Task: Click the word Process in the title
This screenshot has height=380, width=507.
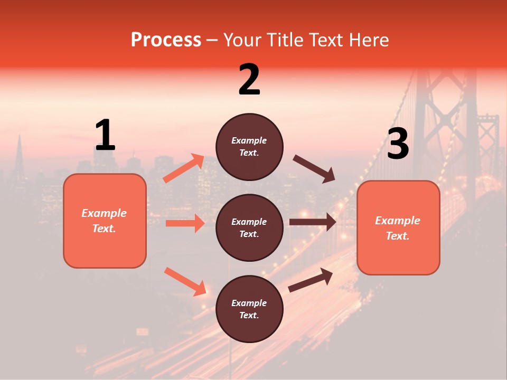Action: coord(166,40)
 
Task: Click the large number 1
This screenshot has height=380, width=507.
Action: coord(105,136)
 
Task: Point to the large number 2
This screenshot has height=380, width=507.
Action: coord(249,80)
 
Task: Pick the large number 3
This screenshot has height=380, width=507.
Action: coord(398,144)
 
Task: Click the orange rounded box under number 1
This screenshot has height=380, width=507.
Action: coord(105,221)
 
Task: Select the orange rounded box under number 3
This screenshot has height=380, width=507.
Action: coord(398,228)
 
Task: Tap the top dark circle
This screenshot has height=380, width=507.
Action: coord(249,146)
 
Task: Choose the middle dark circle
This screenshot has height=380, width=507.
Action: coord(249,227)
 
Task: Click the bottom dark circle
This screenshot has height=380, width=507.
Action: coord(249,309)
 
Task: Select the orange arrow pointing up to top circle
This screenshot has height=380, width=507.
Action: coord(184,168)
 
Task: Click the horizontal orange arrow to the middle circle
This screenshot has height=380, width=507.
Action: coord(185,223)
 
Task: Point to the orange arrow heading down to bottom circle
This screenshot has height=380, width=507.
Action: coord(185,281)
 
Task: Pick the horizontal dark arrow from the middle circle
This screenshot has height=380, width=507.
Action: coord(313,222)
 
